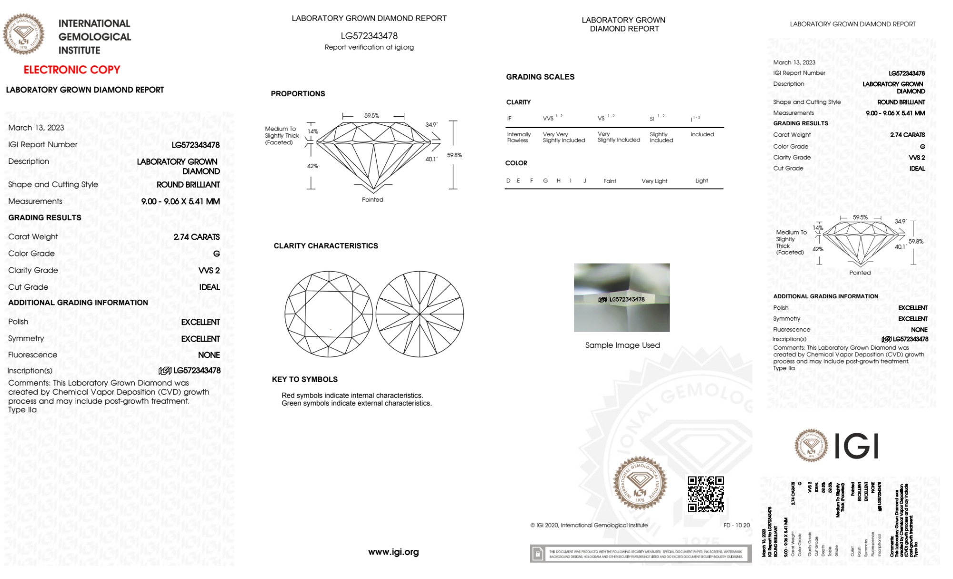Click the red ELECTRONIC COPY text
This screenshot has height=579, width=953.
(72, 70)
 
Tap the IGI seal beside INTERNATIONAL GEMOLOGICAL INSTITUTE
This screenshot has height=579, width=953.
(23, 34)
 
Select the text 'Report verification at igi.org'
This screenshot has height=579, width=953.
(369, 47)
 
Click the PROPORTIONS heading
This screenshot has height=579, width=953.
(298, 94)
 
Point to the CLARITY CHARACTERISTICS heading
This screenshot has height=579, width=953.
(326, 246)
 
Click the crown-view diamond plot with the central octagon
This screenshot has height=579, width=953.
(329, 314)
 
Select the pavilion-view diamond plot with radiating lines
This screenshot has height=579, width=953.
(420, 314)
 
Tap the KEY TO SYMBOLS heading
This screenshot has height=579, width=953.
(305, 379)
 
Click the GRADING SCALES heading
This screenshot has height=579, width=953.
(540, 77)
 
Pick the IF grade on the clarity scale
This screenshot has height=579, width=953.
(509, 118)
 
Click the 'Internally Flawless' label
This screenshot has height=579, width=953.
(519, 137)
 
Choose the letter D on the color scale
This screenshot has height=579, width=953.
(508, 181)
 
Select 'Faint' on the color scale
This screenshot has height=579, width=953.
(610, 181)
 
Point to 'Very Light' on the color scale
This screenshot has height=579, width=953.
(654, 181)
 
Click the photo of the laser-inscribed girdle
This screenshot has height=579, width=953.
(622, 297)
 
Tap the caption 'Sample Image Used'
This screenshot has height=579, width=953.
(622, 345)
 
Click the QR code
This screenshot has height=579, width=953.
(705, 494)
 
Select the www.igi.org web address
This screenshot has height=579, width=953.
(393, 552)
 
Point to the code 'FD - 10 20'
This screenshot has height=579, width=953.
(736, 525)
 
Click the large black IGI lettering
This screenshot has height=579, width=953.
(857, 447)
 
